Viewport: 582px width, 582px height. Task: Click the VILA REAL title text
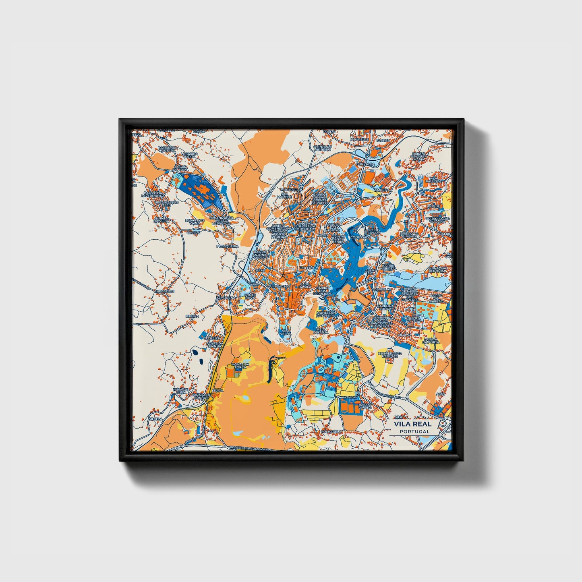(412, 424)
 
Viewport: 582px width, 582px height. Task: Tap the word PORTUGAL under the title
(414, 431)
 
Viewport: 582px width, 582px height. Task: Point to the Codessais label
(360, 237)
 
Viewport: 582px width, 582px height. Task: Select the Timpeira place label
(382, 190)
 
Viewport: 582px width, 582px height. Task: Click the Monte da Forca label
(240, 366)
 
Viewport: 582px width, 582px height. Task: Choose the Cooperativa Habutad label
(390, 355)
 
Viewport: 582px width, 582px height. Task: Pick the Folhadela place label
(331, 431)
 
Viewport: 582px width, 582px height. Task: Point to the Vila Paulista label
(436, 180)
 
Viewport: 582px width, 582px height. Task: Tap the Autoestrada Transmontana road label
(251, 447)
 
